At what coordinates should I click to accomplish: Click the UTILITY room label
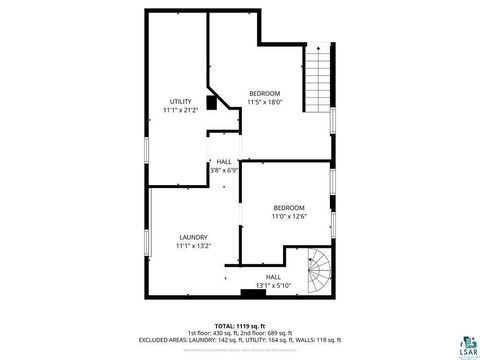click(x=180, y=101)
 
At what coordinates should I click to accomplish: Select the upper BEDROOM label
click(x=265, y=93)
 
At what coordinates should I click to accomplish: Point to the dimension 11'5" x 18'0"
click(x=265, y=101)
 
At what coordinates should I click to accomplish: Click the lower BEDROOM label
click(x=289, y=207)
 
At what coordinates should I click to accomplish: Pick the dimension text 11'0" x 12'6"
click(x=289, y=215)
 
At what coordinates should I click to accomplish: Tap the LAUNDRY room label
click(x=193, y=237)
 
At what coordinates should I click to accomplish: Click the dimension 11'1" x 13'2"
click(x=193, y=245)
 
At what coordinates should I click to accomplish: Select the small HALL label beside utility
click(x=224, y=162)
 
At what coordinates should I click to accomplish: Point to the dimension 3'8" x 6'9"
click(x=224, y=170)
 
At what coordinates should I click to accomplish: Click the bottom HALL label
click(x=273, y=277)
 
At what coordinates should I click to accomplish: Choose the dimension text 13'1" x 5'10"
click(x=273, y=285)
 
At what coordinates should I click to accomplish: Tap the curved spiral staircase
click(x=319, y=271)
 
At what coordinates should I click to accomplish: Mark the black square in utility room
click(x=212, y=102)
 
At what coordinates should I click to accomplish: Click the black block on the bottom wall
click(x=248, y=293)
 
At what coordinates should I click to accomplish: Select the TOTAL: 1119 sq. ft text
click(x=240, y=326)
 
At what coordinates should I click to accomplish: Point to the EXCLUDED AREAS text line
click(x=240, y=340)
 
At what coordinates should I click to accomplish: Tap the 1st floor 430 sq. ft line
click(x=240, y=333)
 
